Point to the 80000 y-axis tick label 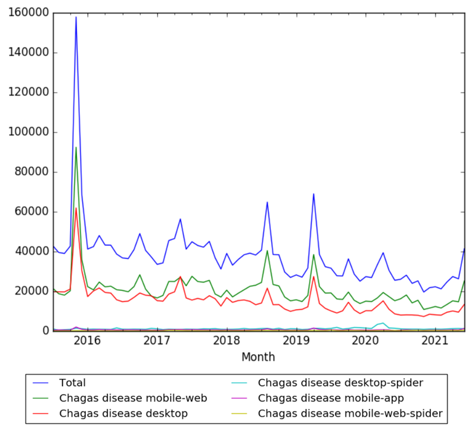[x=32, y=172]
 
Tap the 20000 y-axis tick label [x=32, y=291]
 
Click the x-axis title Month [x=259, y=357]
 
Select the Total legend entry [x=73, y=382]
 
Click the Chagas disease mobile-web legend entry [x=133, y=398]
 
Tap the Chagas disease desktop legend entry [x=123, y=413]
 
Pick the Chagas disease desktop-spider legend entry [x=340, y=382]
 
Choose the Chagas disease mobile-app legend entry [x=331, y=398]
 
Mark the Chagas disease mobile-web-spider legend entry [x=350, y=413]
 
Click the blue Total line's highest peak [x=76, y=17]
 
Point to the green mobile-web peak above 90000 [x=76, y=147]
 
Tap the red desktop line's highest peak [x=76, y=208]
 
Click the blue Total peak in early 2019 [x=314, y=194]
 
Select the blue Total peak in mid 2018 [x=267, y=202]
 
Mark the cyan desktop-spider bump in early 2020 [x=383, y=323]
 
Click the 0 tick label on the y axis [x=46, y=331]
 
